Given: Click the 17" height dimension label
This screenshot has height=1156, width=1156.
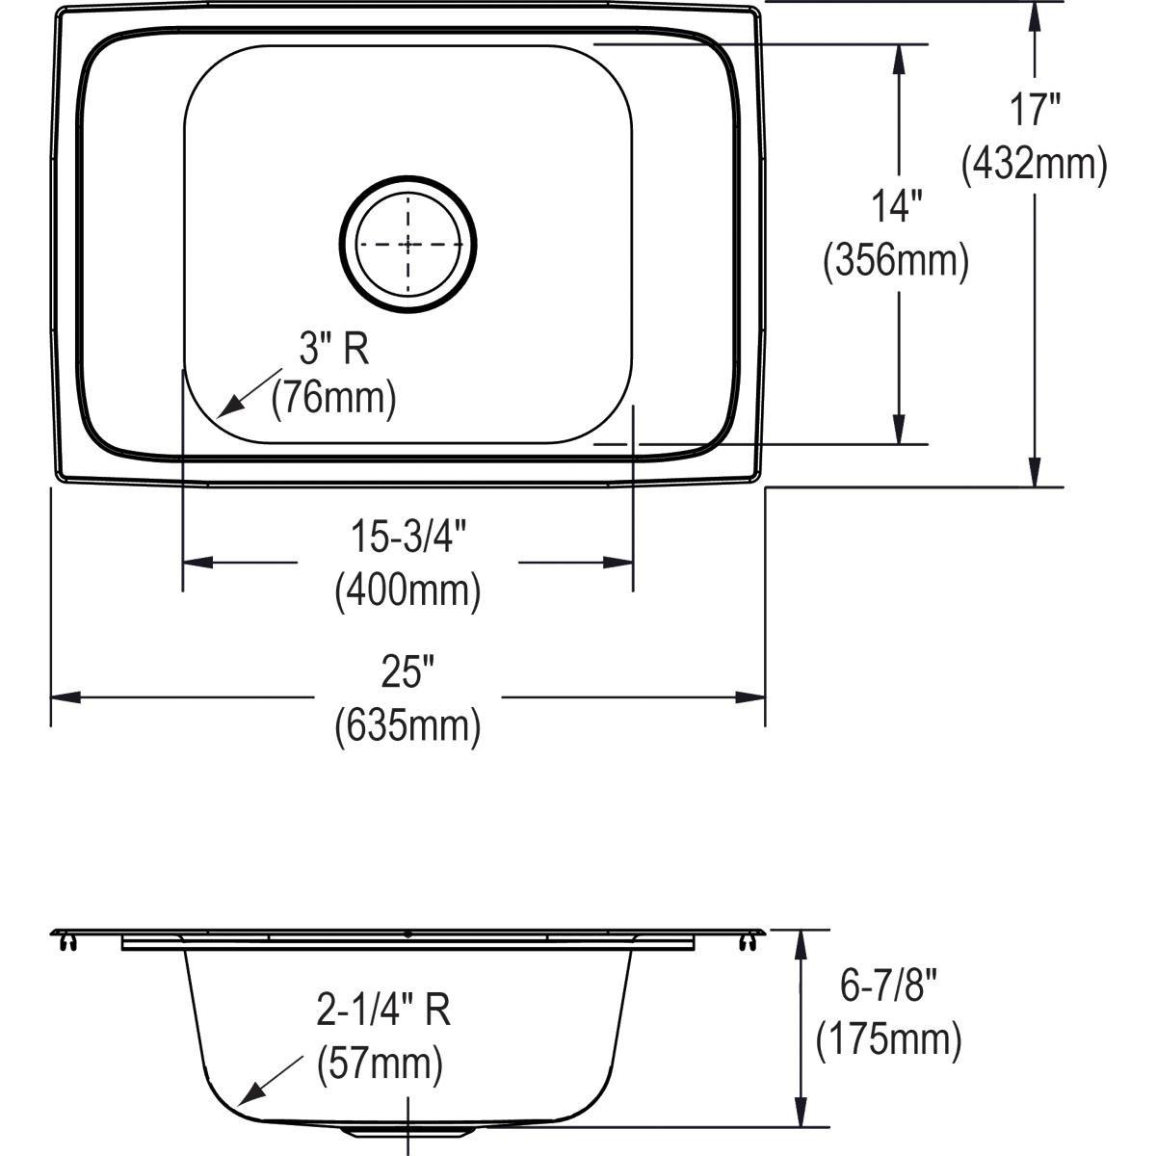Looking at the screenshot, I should [1035, 111].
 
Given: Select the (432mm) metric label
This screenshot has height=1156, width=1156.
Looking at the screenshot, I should [1035, 165].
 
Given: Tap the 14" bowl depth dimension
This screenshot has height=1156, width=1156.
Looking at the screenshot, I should [897, 206].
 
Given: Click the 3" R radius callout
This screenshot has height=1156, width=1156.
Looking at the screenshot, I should [333, 348].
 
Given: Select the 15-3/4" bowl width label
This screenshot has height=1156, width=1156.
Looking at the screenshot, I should [407, 537].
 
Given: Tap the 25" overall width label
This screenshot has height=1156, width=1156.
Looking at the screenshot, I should [407, 672].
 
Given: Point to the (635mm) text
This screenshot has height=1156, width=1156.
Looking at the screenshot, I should [407, 725].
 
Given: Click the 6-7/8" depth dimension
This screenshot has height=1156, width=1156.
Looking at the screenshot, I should [888, 986].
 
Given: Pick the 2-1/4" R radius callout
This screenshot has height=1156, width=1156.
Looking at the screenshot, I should [383, 1011].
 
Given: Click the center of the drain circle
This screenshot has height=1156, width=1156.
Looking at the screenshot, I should [408, 244].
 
